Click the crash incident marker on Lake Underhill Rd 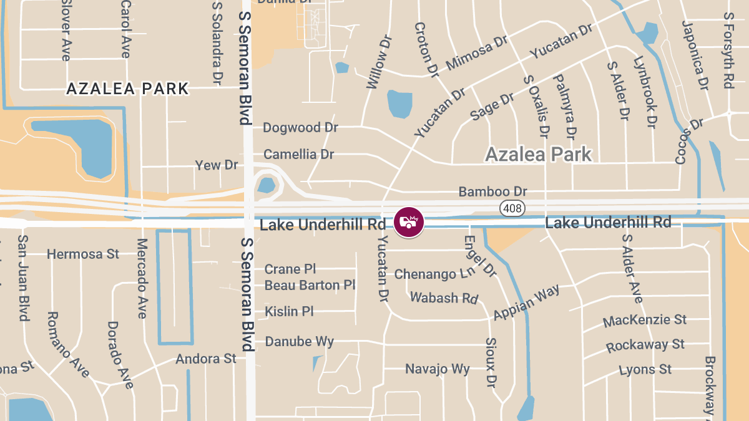pos(409,221)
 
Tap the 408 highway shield pos(512,208)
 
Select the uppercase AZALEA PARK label pos(127,89)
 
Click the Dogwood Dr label pos(300,128)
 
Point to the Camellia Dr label pos(299,154)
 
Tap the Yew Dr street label pos(217,165)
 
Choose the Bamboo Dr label pos(493,191)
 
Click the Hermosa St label pos(83,254)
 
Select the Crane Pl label pos(290,269)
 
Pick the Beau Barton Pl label pos(310,286)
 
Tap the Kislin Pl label pos(289,311)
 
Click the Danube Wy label pos(300,342)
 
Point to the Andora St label pos(206,359)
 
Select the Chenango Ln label pos(434,274)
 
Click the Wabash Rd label pos(443,298)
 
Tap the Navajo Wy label pos(438,369)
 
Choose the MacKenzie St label pos(645,321)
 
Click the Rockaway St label pos(645,345)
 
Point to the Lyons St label pos(645,370)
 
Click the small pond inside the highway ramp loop pos(267,185)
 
